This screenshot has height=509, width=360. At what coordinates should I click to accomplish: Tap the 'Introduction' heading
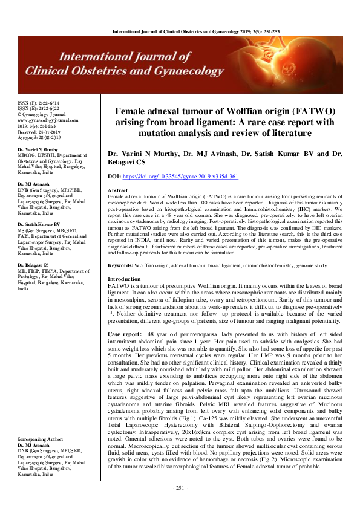pos(123,279)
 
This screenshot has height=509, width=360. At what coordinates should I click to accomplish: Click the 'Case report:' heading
pos(125,334)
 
